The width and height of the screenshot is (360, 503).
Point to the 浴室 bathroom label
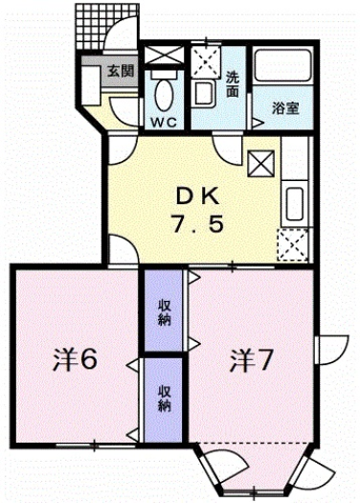coord(282,108)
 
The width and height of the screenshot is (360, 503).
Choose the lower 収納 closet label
coord(164,398)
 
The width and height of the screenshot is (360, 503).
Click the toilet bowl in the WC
coord(163,94)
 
